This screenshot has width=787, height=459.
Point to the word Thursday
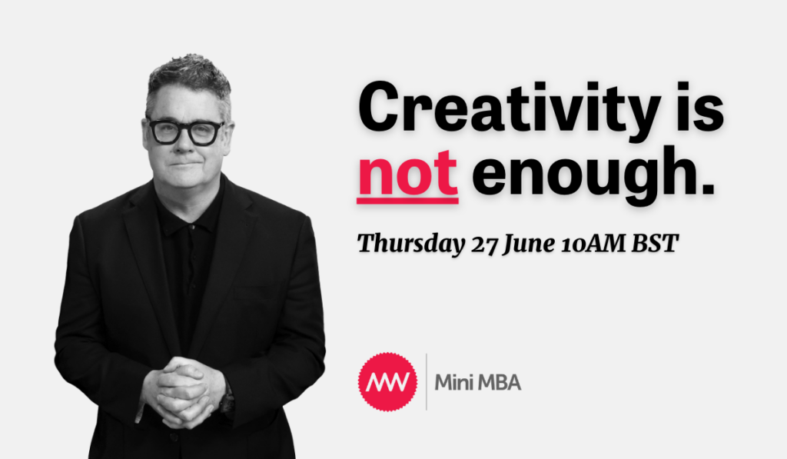click(x=411, y=244)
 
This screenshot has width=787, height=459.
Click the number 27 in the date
click(x=484, y=244)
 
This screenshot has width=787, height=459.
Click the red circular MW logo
click(x=387, y=382)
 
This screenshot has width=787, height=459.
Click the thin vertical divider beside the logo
click(x=427, y=381)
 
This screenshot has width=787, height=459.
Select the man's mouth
click(x=184, y=165)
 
